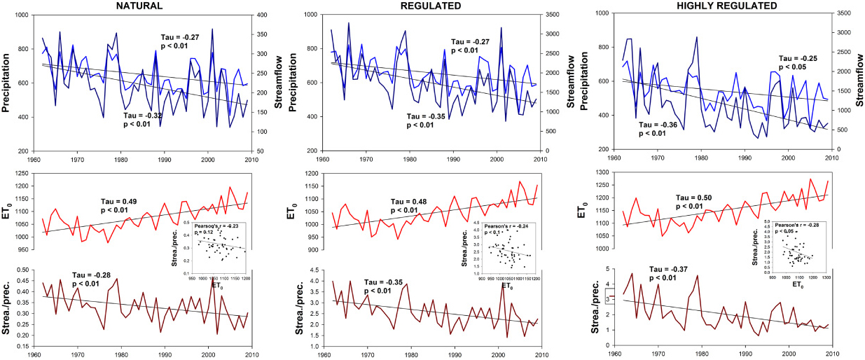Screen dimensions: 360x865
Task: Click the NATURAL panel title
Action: pyautogui.click(x=141, y=6)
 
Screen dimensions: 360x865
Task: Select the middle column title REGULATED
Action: pyautogui.click(x=431, y=6)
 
